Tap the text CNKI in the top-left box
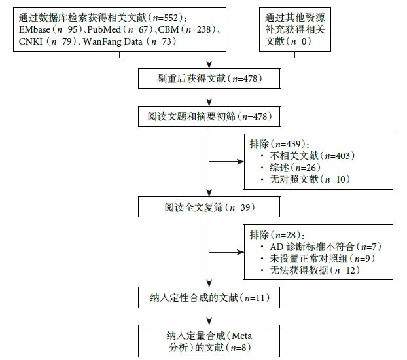tap(30, 42)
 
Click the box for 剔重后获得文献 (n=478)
tap(208, 80)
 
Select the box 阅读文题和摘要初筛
tap(208, 117)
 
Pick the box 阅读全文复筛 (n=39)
tap(208, 207)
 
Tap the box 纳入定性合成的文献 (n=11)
tap(208, 298)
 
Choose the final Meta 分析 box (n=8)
tap(208, 340)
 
